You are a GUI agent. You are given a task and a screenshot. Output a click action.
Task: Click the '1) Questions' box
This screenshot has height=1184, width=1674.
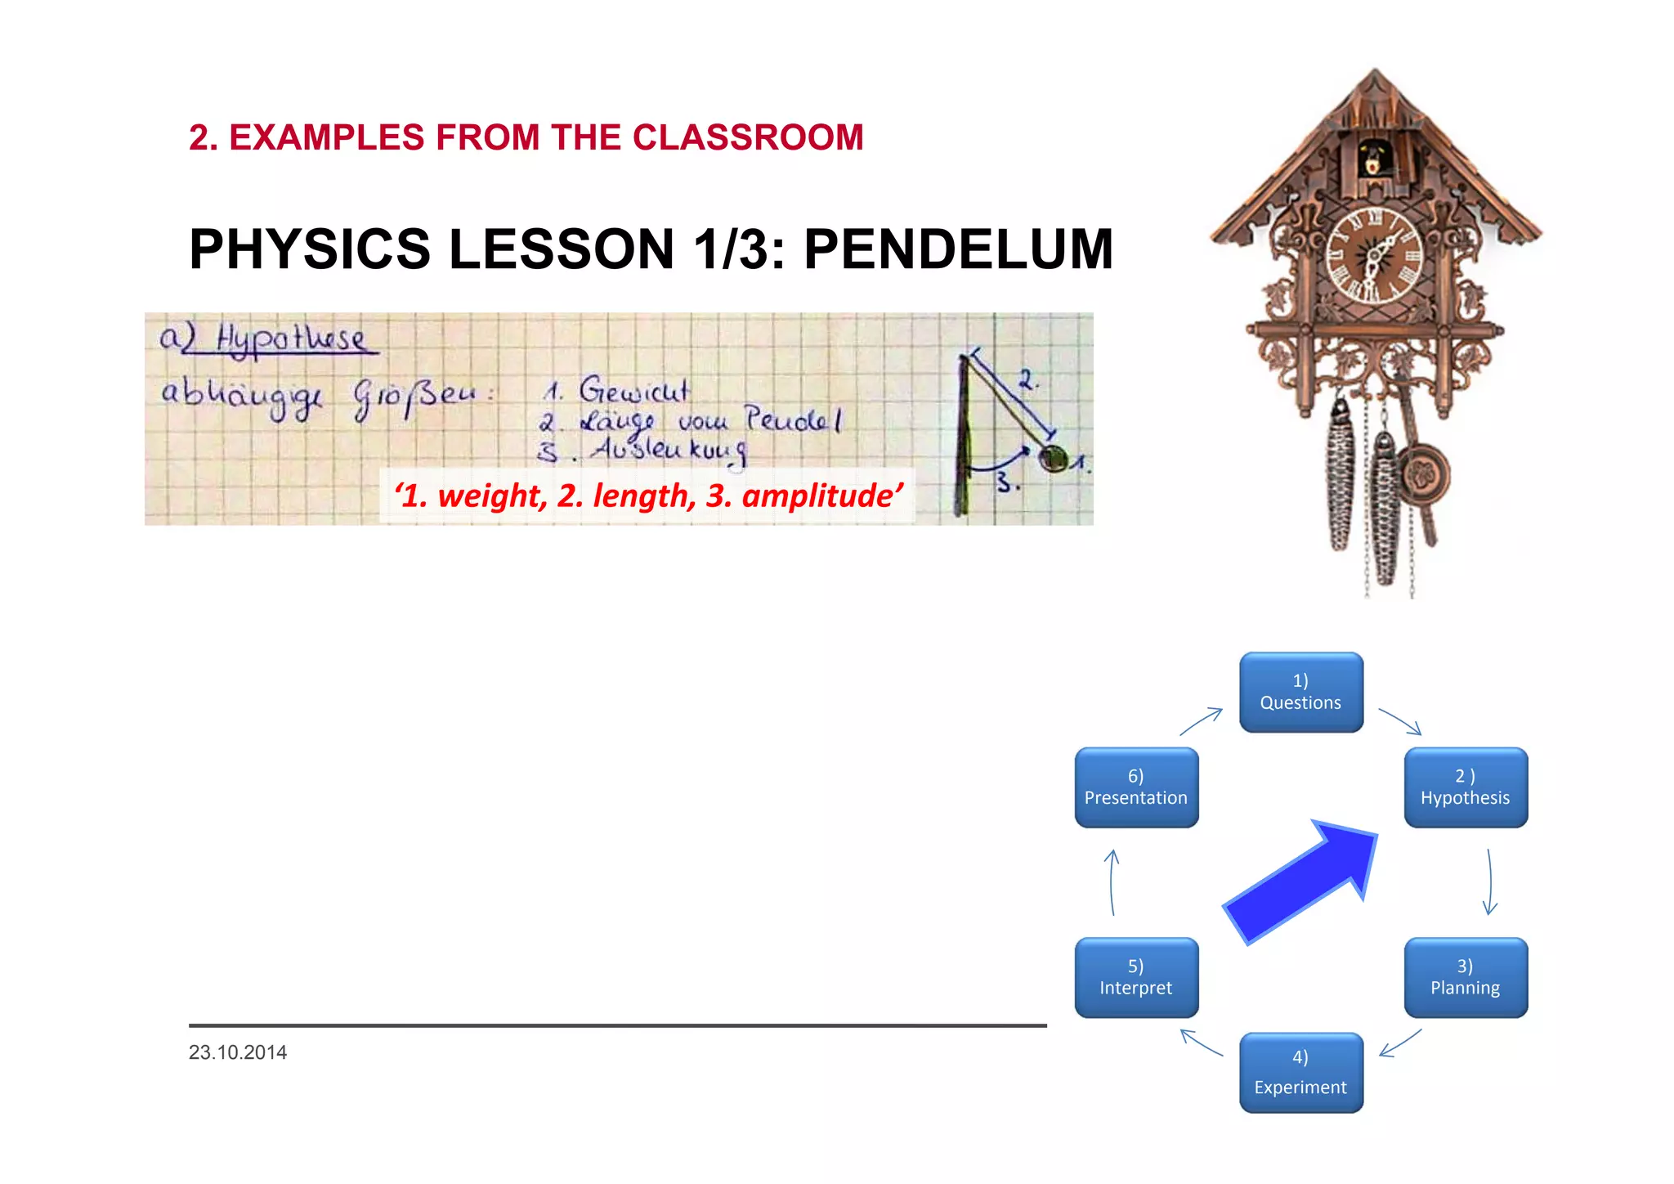pos(1300,692)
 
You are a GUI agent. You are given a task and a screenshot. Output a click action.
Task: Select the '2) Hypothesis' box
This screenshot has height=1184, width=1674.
pos(1465,787)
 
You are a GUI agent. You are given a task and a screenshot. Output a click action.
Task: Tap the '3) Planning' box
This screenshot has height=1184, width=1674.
pos(1465,977)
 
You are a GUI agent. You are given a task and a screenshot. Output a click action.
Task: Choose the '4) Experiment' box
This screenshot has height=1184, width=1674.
pos(1300,1072)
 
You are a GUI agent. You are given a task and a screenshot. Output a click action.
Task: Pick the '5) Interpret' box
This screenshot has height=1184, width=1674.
pos(1135,977)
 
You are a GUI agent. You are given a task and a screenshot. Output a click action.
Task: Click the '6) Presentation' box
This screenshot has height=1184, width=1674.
pos(1135,787)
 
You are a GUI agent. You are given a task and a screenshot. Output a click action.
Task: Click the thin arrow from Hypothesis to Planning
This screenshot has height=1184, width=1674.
pos(1490,881)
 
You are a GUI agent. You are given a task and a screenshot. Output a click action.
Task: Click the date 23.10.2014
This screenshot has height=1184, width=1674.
pos(237,1052)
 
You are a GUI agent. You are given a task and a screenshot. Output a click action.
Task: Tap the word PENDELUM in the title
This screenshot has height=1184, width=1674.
pos(958,249)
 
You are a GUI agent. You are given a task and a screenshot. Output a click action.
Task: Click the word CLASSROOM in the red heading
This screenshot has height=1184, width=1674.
pos(748,137)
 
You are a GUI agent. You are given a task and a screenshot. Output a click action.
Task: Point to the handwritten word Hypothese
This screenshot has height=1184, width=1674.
pos(290,338)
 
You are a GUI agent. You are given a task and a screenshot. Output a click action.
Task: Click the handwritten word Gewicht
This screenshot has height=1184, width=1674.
pos(633,390)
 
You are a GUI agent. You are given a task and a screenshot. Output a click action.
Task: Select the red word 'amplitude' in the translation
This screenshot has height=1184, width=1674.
pos(821,496)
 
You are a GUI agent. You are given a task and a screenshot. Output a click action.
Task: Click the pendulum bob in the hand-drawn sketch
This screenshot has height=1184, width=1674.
pos(1053,459)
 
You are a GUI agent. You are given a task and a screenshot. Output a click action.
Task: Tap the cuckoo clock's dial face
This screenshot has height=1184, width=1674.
pos(1375,255)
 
